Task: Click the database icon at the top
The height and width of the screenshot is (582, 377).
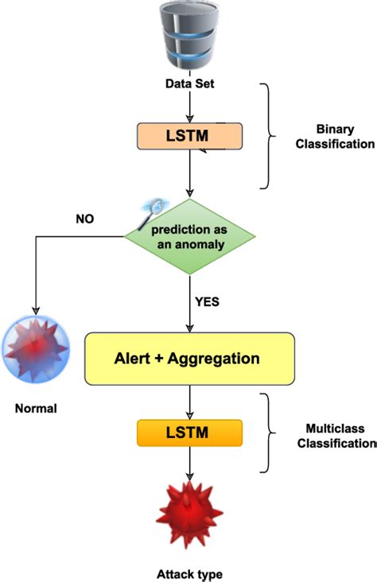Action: coord(189,37)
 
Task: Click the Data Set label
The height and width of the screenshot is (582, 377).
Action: coord(189,83)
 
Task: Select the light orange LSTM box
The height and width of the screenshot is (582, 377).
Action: coord(189,137)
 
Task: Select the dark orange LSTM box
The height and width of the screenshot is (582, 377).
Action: coord(189,433)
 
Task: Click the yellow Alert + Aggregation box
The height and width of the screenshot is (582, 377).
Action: coord(189,359)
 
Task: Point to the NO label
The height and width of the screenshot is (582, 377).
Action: coord(85,218)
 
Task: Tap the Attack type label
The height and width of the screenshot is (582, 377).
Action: coord(189,573)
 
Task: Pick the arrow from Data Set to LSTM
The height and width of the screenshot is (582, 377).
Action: coord(189,106)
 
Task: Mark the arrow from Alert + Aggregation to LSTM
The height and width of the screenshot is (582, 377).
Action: coord(189,401)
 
